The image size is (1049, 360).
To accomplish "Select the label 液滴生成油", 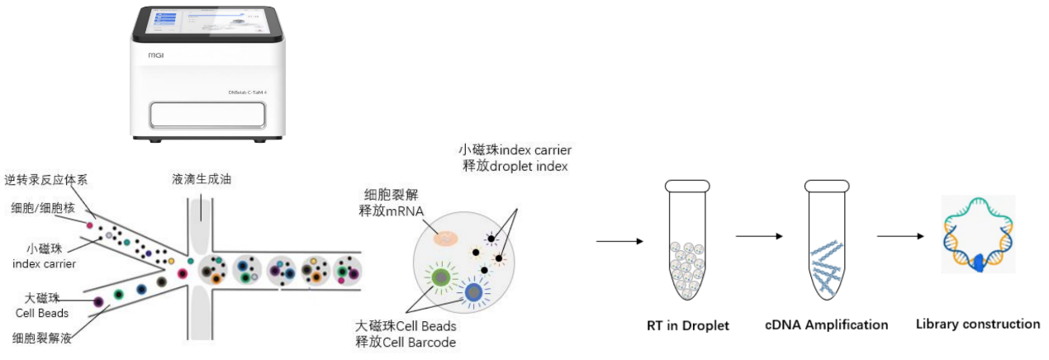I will pyautogui.click(x=201, y=179).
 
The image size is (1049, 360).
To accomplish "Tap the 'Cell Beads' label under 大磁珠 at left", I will pyautogui.click(x=42, y=312).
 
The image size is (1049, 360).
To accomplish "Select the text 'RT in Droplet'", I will pyautogui.click(x=687, y=325).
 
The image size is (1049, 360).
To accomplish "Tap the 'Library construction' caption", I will pyautogui.click(x=978, y=324).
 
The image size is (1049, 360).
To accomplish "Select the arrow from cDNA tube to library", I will pyautogui.click(x=899, y=236).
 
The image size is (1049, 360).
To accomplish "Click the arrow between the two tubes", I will pyautogui.click(x=758, y=236).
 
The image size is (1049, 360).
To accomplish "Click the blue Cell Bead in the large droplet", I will pyautogui.click(x=472, y=292).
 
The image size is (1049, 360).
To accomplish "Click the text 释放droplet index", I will pyautogui.click(x=516, y=166).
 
